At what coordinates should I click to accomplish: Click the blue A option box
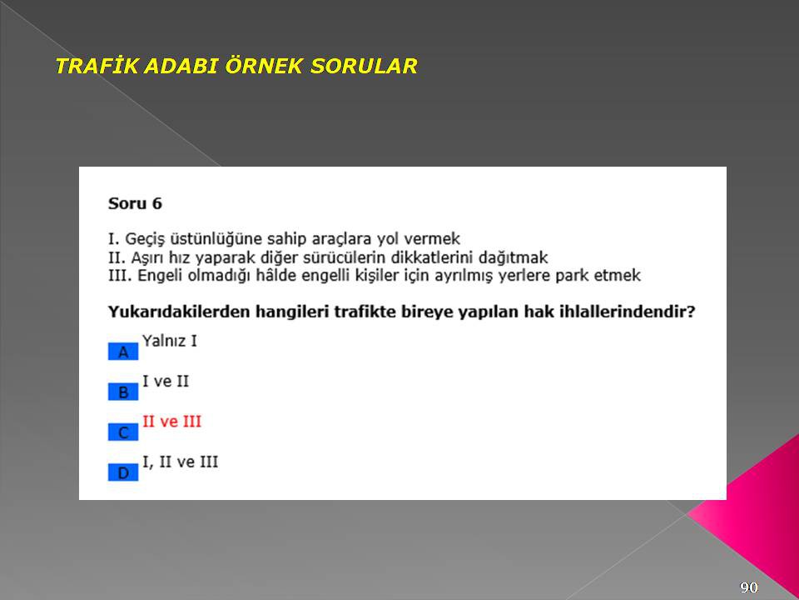point(123,352)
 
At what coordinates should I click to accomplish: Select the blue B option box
point(123,392)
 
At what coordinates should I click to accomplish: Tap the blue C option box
point(123,432)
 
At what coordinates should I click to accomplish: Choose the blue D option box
point(123,472)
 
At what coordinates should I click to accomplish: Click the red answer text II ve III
point(171,422)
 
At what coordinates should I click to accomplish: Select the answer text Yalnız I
point(169,340)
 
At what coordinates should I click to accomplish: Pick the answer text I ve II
point(166,381)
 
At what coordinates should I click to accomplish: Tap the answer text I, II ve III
point(180,462)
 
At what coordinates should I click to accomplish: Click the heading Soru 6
point(135,203)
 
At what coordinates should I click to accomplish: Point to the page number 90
point(748,587)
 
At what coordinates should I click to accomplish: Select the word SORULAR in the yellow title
point(364,66)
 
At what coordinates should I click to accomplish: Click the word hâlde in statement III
point(276,276)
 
